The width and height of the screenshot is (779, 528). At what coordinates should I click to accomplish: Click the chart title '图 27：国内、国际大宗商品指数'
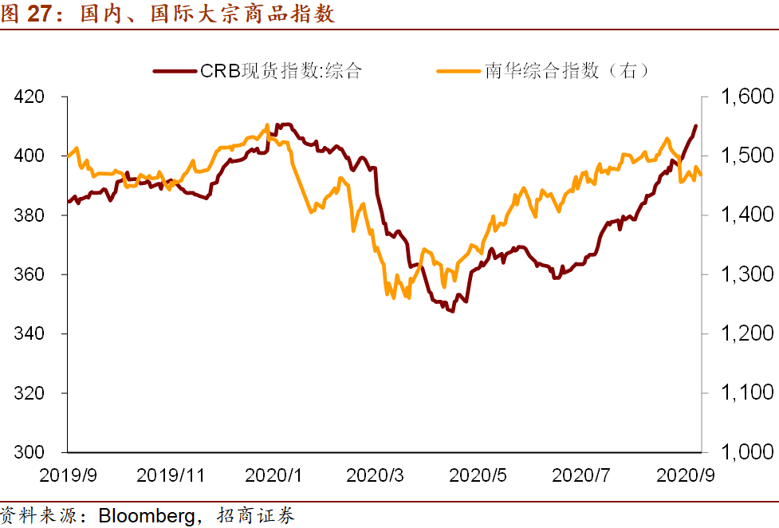tap(167, 14)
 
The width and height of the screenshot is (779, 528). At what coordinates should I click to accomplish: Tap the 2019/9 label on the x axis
tap(69, 475)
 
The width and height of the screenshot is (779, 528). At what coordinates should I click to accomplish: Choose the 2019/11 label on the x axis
tap(171, 475)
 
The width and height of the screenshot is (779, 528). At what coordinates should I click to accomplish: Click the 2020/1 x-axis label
tap(274, 475)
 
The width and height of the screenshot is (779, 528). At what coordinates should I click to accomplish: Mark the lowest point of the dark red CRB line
tap(452, 311)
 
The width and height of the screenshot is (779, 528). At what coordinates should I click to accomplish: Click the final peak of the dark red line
tap(696, 126)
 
